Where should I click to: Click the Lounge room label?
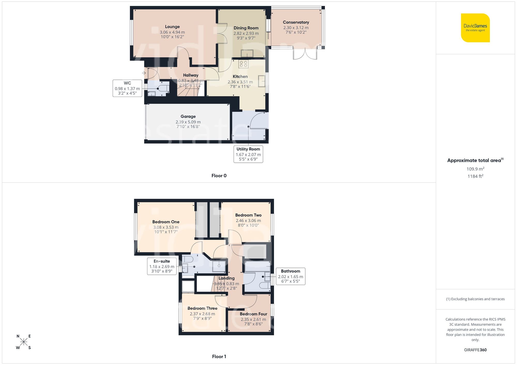[172, 27]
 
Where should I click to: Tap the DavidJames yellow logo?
[475, 28]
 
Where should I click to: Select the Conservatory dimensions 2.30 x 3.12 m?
[296, 28]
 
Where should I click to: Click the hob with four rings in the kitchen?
[243, 64]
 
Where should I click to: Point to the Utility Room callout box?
[248, 154]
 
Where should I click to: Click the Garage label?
[188, 117]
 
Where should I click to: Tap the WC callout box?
[127, 88]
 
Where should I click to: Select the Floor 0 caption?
[219, 176]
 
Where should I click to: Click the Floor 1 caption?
[219, 356]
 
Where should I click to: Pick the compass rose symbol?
[24, 342]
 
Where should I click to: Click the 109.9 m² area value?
[475, 169]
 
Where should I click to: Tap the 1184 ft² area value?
[475, 176]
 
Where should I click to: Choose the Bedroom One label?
[166, 222]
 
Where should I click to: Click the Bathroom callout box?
[290, 276]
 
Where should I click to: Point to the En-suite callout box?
[162, 266]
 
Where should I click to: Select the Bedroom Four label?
[253, 314]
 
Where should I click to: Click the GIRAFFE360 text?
[475, 350]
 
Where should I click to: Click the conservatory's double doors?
[305, 54]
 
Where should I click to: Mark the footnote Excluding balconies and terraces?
[475, 299]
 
